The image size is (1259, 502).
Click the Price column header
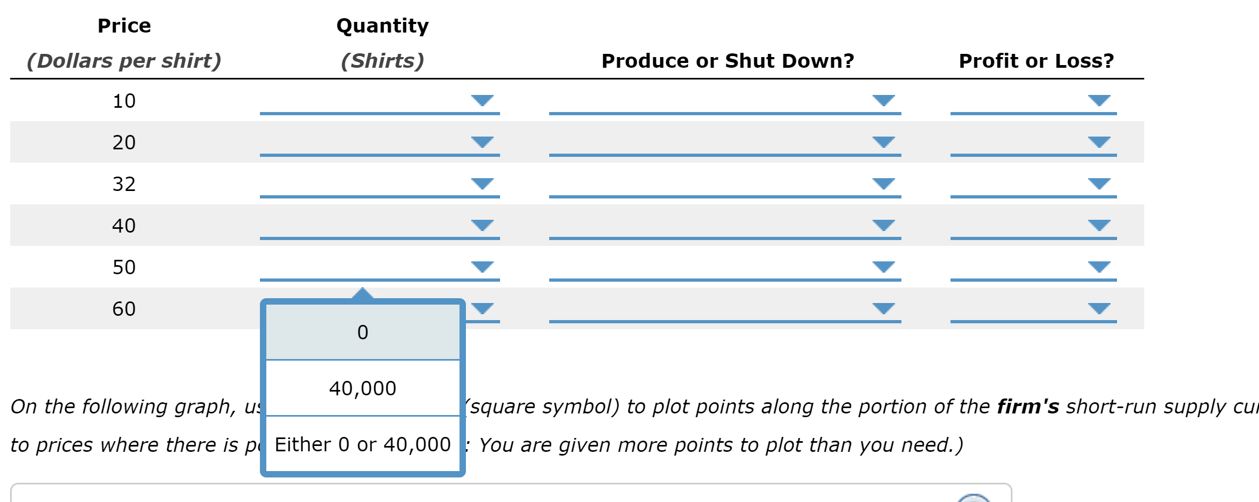pyautogui.click(x=124, y=26)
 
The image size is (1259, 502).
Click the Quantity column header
pyautogui.click(x=382, y=26)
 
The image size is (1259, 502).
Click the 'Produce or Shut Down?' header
pyautogui.click(x=727, y=61)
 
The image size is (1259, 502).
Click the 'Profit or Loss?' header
pyautogui.click(x=1036, y=61)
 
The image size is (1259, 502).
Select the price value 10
pyautogui.click(x=124, y=101)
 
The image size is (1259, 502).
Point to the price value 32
pyautogui.click(x=124, y=184)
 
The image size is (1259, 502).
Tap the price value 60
pyautogui.click(x=124, y=309)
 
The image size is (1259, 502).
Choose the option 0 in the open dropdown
pyautogui.click(x=362, y=332)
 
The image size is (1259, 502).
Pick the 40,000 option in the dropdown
pyautogui.click(x=362, y=388)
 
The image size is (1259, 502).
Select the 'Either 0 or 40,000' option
pyautogui.click(x=362, y=444)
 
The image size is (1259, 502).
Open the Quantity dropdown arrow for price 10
pyautogui.click(x=482, y=100)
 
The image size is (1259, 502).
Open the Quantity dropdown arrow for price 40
pyautogui.click(x=482, y=225)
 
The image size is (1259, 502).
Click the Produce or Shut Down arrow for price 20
pyautogui.click(x=883, y=142)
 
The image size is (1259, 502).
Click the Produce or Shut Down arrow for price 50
pyautogui.click(x=883, y=267)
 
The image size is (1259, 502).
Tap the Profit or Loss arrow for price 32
pyautogui.click(x=1099, y=184)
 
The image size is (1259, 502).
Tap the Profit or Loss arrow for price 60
pyautogui.click(x=1099, y=308)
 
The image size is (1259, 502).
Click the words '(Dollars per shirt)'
pyautogui.click(x=124, y=61)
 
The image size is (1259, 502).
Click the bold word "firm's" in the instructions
pyautogui.click(x=1028, y=407)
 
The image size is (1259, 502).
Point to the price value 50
pyautogui.click(x=124, y=267)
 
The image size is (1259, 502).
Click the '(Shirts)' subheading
pyautogui.click(x=382, y=61)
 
